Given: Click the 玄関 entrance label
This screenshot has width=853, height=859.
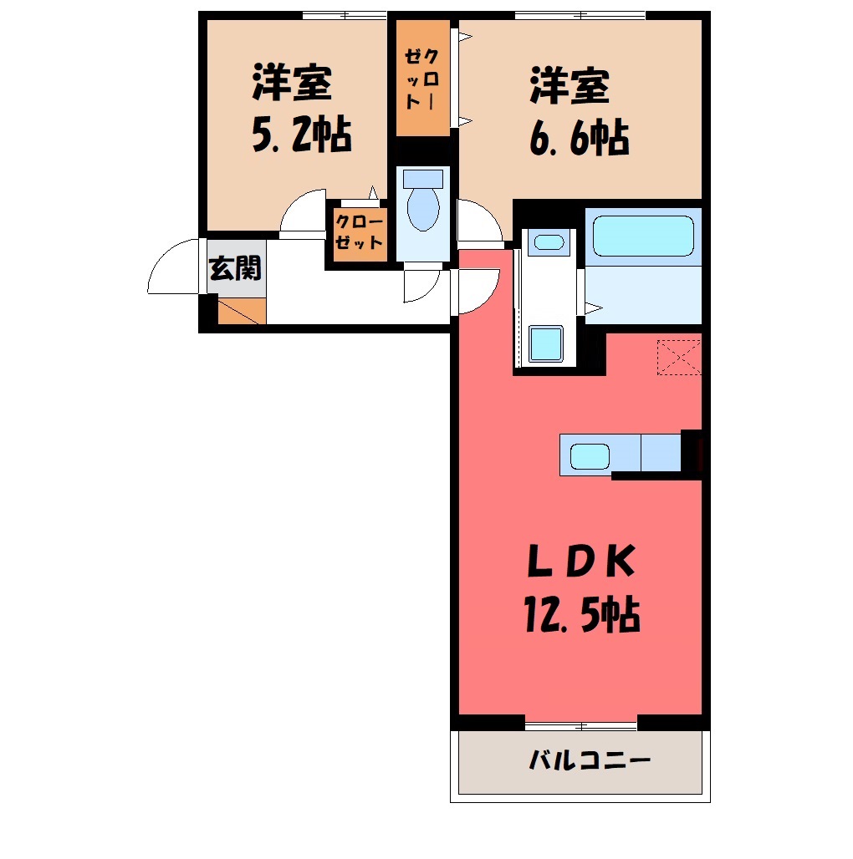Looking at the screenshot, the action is (x=235, y=268).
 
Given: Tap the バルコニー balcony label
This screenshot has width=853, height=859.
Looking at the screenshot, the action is (x=590, y=760).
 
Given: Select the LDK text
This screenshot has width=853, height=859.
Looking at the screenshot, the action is (x=581, y=561).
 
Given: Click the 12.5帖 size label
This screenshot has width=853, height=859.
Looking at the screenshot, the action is (x=582, y=614).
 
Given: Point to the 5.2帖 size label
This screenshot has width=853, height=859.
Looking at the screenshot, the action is (x=302, y=135).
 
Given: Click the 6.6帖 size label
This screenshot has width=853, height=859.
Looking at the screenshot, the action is (x=579, y=138).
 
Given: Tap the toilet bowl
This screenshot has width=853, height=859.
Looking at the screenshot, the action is (x=423, y=209).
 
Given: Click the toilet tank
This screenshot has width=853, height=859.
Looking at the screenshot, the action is (x=423, y=179).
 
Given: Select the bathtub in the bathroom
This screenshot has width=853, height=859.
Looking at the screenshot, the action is (x=643, y=236).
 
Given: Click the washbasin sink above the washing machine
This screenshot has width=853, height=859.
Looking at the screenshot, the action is (x=549, y=241).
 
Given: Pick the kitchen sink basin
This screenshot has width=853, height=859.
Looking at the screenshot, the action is (x=590, y=456).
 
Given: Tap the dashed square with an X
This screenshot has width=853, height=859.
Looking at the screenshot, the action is (x=679, y=358).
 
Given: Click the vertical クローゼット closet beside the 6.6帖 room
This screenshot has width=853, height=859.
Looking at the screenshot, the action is (x=423, y=78).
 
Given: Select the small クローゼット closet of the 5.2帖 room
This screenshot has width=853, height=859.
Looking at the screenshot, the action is (x=360, y=234).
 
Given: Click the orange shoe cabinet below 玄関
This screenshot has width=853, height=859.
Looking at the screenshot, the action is (x=242, y=311).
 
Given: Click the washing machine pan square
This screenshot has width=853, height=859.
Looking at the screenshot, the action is (x=546, y=343).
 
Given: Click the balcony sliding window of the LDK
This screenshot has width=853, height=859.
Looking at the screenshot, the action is (x=581, y=726).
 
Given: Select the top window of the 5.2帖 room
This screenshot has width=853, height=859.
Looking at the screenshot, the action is (x=345, y=15).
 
